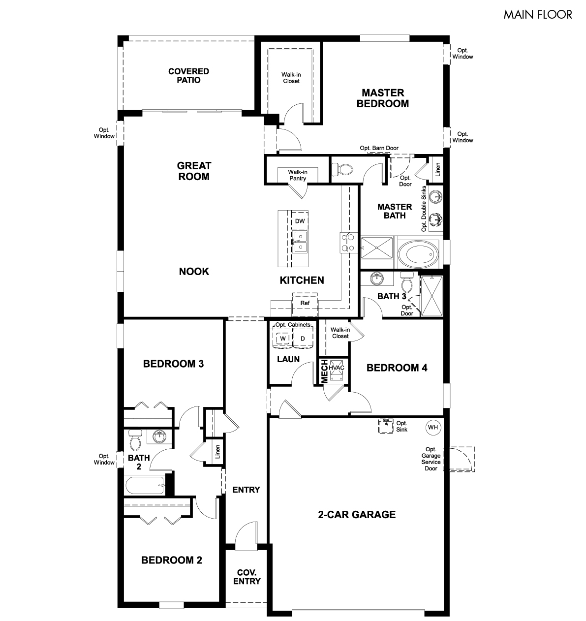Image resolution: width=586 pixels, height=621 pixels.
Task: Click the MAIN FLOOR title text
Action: [537, 15]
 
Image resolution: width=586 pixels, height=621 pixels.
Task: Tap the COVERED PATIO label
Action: [188, 76]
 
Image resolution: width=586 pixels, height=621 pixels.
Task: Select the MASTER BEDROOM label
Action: [383, 98]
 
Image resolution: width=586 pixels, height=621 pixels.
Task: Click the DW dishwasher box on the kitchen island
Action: [300, 221]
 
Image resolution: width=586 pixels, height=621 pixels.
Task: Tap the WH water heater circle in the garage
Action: [433, 427]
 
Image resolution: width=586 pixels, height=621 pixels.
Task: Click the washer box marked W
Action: [283, 338]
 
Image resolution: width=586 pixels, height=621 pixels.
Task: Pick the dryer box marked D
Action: [303, 338]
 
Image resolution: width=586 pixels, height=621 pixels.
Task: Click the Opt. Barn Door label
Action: [379, 148]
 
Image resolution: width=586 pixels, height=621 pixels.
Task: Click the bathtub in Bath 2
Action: [145, 485]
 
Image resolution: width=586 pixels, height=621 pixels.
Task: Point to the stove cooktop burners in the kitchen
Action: [348, 243]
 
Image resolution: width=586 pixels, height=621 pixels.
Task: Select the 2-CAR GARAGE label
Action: [357, 514]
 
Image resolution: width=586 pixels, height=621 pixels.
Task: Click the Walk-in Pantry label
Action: [298, 175]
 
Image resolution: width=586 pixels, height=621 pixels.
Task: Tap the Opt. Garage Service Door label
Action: [431, 459]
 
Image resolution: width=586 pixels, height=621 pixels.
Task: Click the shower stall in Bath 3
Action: [432, 296]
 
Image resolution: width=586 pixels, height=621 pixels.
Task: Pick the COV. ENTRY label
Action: [247, 577]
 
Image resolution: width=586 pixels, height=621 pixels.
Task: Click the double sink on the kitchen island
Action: [300, 242]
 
